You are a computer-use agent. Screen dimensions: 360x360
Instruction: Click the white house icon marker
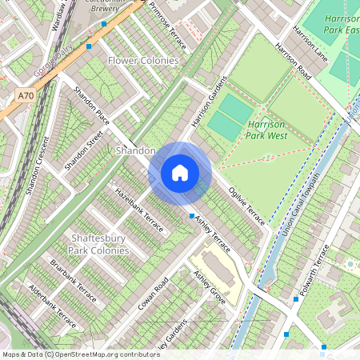pos(180,173)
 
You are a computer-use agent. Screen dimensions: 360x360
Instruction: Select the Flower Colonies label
pos(143,61)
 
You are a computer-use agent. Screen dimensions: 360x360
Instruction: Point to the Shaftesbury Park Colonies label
pos(98,244)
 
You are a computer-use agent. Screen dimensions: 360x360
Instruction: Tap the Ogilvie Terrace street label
pos(246,207)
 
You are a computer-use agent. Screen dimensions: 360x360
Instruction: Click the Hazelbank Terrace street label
pos(138,210)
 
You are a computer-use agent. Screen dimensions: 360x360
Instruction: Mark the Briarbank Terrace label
pos(74,281)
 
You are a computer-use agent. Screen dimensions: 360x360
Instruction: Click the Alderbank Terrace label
pos(51,306)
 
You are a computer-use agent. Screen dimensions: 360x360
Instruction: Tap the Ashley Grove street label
pos(210,286)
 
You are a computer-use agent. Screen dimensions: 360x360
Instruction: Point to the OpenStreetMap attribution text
pos(81,354)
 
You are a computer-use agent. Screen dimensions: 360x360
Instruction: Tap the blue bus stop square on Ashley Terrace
pos(191,216)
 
